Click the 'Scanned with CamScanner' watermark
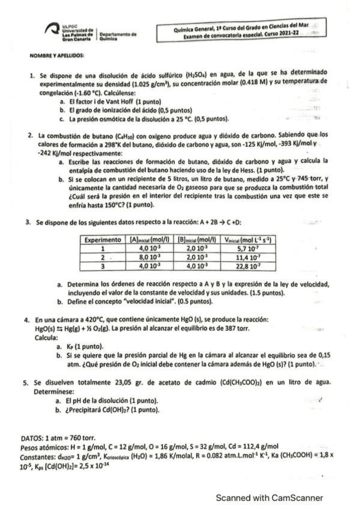270,497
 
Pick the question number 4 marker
25,319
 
